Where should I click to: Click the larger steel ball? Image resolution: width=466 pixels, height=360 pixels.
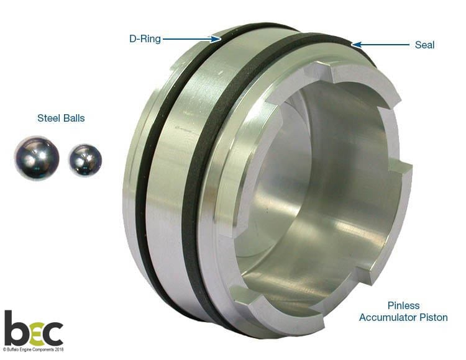pos(37,158)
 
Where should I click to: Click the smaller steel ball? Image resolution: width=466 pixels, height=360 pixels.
pos(85,160)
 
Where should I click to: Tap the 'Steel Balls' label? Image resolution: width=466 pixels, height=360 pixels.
pos(61,118)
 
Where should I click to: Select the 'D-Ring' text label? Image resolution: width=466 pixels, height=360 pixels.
pos(145,39)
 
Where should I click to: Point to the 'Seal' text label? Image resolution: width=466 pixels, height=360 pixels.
pos(424,45)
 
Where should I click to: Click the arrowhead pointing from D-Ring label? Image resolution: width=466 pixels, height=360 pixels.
pos(216,39)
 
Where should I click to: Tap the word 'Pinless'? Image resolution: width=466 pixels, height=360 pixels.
pos(404,305)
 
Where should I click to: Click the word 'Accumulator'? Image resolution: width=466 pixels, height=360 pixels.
pos(388,317)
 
